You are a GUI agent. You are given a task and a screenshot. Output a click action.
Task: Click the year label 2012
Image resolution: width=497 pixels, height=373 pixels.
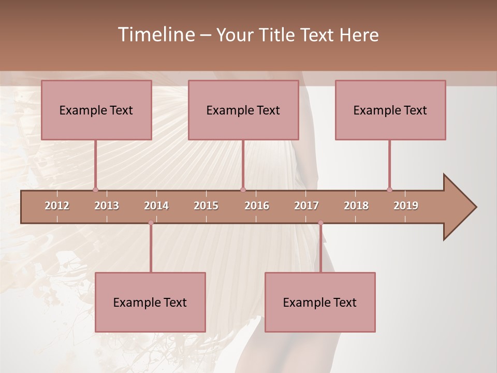click(57, 206)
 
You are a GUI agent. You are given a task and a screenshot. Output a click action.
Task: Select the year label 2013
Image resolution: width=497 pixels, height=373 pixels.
click(107, 206)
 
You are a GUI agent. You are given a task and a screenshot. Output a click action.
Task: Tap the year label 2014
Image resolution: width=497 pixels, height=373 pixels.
click(156, 206)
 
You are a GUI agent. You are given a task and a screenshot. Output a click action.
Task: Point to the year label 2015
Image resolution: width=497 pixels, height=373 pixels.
click(206, 206)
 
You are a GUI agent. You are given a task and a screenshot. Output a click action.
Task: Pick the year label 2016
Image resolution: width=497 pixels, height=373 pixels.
click(257, 206)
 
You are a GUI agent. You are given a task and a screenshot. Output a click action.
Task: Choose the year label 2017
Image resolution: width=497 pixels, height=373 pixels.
click(306, 206)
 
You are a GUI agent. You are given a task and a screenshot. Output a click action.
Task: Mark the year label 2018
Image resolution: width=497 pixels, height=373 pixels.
click(356, 206)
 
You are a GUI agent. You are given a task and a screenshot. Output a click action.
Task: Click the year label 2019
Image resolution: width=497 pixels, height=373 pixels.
click(406, 206)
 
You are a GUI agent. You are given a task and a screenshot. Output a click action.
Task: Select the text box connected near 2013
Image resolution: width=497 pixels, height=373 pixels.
click(96, 110)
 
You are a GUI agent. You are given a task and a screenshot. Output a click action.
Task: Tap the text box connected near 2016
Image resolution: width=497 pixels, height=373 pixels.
click(243, 110)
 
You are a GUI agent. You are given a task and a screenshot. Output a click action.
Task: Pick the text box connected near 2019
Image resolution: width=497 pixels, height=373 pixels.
click(390, 110)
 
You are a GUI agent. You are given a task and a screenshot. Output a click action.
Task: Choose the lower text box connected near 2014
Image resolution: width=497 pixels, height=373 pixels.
click(150, 302)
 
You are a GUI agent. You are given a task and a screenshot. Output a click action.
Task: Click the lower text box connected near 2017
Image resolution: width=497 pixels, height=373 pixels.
click(320, 302)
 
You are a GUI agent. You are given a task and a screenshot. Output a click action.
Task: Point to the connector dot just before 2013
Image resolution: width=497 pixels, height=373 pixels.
click(95, 190)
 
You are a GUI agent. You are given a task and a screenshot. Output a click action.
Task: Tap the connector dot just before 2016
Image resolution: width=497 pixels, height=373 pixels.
click(243, 190)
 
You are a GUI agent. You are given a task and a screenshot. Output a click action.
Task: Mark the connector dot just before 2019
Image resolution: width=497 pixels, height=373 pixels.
click(389, 190)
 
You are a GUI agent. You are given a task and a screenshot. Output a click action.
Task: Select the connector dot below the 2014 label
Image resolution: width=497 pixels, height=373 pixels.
click(151, 223)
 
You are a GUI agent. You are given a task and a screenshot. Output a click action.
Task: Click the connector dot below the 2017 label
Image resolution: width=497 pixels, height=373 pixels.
click(320, 223)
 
